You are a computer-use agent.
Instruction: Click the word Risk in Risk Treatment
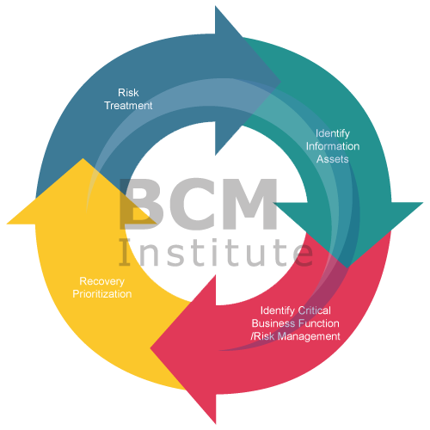coord(128,91)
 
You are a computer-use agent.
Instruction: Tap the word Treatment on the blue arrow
coord(128,106)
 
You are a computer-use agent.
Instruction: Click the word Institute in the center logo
coord(215,251)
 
